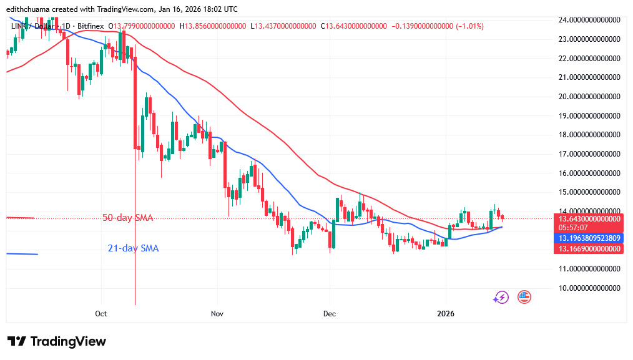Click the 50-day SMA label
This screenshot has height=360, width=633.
click(x=128, y=218)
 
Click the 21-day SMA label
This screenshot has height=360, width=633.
click(x=133, y=248)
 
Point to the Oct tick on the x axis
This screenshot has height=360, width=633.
click(x=102, y=313)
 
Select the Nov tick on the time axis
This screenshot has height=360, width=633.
click(x=217, y=313)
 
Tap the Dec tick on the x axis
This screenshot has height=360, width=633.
click(x=329, y=313)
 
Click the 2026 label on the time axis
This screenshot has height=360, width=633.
click(x=446, y=313)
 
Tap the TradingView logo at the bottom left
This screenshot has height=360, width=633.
click(x=57, y=341)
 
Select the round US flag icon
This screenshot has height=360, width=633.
click(x=523, y=297)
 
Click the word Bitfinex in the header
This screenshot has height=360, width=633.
click(x=91, y=26)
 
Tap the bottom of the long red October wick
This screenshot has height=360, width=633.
click(x=135, y=304)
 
